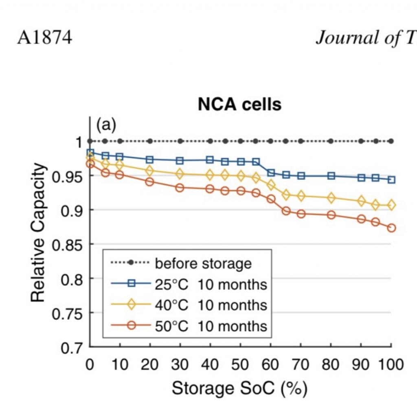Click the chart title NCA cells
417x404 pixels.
239,105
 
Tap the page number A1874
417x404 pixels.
44,38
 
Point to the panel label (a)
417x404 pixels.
106,125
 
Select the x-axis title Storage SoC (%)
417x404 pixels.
239,388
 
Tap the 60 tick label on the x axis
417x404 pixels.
270,364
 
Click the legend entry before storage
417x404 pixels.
203,263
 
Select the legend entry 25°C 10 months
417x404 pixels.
211,284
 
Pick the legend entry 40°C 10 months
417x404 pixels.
211,305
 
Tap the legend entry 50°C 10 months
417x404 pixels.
211,326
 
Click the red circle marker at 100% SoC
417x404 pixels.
391,228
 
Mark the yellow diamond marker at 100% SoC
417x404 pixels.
391,205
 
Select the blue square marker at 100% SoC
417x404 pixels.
391,179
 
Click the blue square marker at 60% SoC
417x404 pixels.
271,173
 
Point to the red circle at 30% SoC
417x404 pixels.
180,188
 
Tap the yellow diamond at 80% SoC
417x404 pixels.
331,198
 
